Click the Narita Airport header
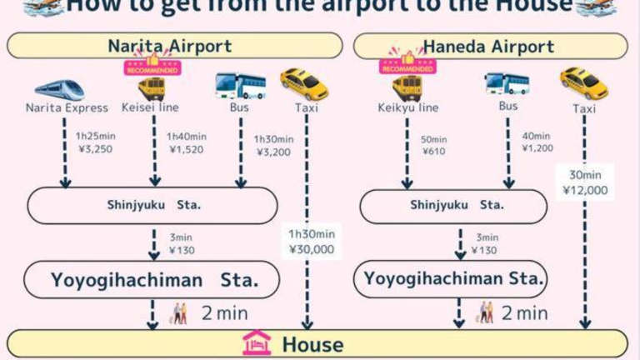pos(170,46)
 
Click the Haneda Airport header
pos(489,47)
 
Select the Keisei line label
pos(150,107)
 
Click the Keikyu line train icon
pos(407,86)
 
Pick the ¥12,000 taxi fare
pos(585,190)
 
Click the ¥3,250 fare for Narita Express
pos(94,149)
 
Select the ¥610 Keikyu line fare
pos(434,152)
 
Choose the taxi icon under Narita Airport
pos(303,85)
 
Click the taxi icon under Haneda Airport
pos(583,83)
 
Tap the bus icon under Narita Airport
pos(240,86)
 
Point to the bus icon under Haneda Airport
pos(507,83)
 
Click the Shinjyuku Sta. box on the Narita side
pos(152,205)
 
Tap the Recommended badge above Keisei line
pos(152,65)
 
